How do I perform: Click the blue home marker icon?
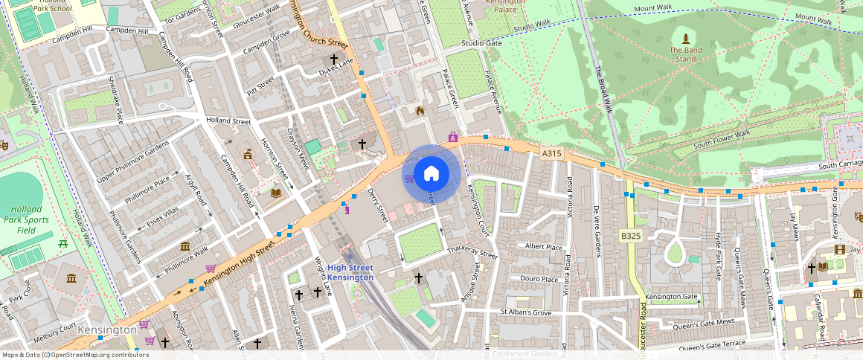[x=431, y=174]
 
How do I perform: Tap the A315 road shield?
[x=551, y=153]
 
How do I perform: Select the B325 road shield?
[x=631, y=237]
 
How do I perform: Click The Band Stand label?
[x=685, y=54]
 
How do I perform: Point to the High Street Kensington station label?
[x=350, y=272]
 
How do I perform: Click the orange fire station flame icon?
[x=420, y=112]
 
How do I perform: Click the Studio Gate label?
[x=481, y=43]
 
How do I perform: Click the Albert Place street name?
[x=544, y=246]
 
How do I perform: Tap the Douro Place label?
[x=539, y=280]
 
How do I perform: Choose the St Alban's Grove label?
[x=526, y=312]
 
